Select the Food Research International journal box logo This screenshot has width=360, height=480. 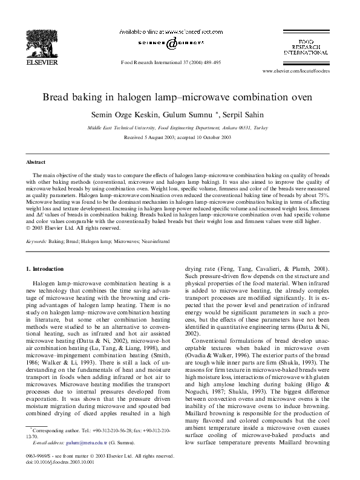[x=312, y=45]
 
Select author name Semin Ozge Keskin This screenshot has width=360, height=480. [x=129, y=115]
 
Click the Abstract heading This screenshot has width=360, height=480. [x=36, y=162]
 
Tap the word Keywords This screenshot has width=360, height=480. [x=36, y=241]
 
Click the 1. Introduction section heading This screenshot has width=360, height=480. [x=48, y=268]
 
